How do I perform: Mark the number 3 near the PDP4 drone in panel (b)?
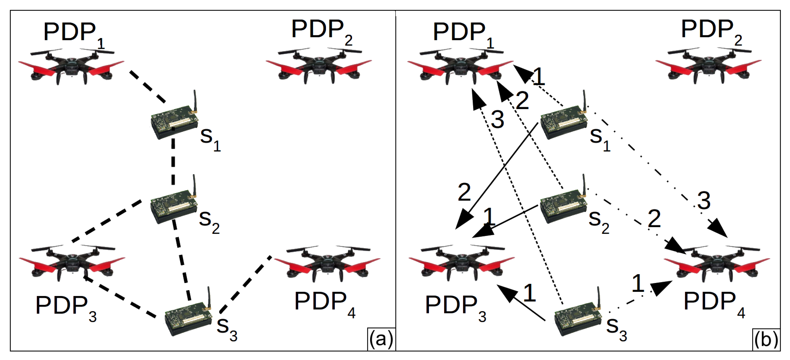pyautogui.click(x=704, y=201)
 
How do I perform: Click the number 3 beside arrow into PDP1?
pyautogui.click(x=497, y=120)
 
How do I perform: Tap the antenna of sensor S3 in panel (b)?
pyautogui.click(x=599, y=297)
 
